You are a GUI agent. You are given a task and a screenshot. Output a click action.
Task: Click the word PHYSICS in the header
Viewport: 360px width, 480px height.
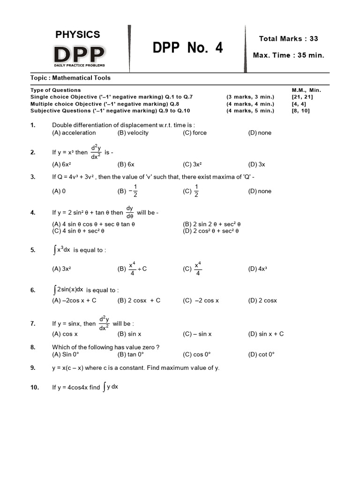click(78, 34)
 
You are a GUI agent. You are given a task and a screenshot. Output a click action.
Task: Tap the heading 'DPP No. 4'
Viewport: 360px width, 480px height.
click(188, 48)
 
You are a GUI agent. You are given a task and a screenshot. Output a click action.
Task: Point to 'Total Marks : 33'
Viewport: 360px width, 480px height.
click(288, 38)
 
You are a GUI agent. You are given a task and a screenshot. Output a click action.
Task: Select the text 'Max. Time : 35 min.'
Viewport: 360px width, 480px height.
click(288, 55)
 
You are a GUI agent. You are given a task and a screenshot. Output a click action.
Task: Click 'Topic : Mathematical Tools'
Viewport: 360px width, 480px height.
click(70, 78)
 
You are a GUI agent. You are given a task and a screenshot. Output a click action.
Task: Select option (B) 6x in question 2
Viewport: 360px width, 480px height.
click(126, 165)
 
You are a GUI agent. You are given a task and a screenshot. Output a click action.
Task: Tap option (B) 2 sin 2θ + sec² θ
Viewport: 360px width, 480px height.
click(211, 224)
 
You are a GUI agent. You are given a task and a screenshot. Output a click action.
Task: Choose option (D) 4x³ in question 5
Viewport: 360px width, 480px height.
click(257, 269)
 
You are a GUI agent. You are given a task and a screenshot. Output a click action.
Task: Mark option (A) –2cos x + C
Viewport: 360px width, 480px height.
click(74, 300)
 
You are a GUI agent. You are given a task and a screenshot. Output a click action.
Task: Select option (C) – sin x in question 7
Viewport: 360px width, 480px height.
click(197, 334)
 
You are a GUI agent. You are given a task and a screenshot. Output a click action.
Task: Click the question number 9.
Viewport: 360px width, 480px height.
click(33, 368)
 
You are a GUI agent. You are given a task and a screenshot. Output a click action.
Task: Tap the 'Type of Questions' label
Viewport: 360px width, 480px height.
click(55, 90)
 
